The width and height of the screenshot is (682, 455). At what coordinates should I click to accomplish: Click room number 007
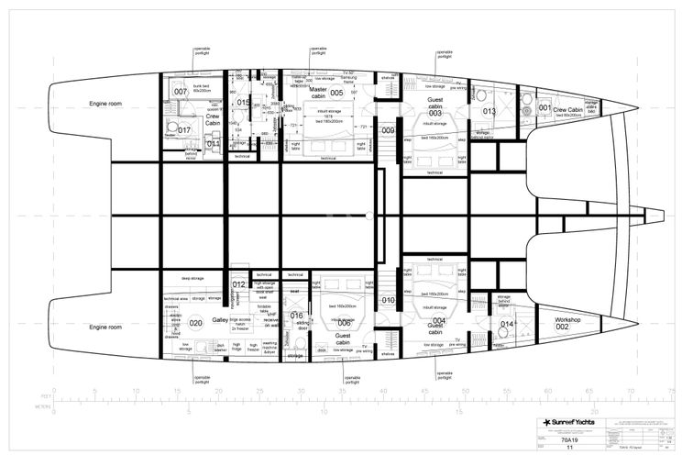click(x=181, y=92)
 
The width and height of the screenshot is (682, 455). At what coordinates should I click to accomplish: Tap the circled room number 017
click(x=184, y=130)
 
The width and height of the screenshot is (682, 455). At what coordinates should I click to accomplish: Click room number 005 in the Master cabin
click(x=336, y=93)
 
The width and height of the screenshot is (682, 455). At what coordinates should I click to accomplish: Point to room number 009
click(x=388, y=131)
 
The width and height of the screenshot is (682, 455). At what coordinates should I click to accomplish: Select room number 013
click(x=489, y=112)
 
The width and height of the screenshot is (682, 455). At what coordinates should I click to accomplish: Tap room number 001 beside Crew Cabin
click(x=544, y=108)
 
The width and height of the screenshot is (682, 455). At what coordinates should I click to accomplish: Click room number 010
click(x=388, y=300)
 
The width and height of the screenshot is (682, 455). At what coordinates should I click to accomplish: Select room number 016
click(x=296, y=316)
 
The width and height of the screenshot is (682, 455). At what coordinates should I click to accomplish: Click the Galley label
click(x=220, y=321)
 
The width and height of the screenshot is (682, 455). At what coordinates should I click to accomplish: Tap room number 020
click(x=195, y=323)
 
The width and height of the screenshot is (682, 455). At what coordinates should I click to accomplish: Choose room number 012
click(x=238, y=285)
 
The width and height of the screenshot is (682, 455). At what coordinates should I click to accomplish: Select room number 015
click(x=243, y=103)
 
